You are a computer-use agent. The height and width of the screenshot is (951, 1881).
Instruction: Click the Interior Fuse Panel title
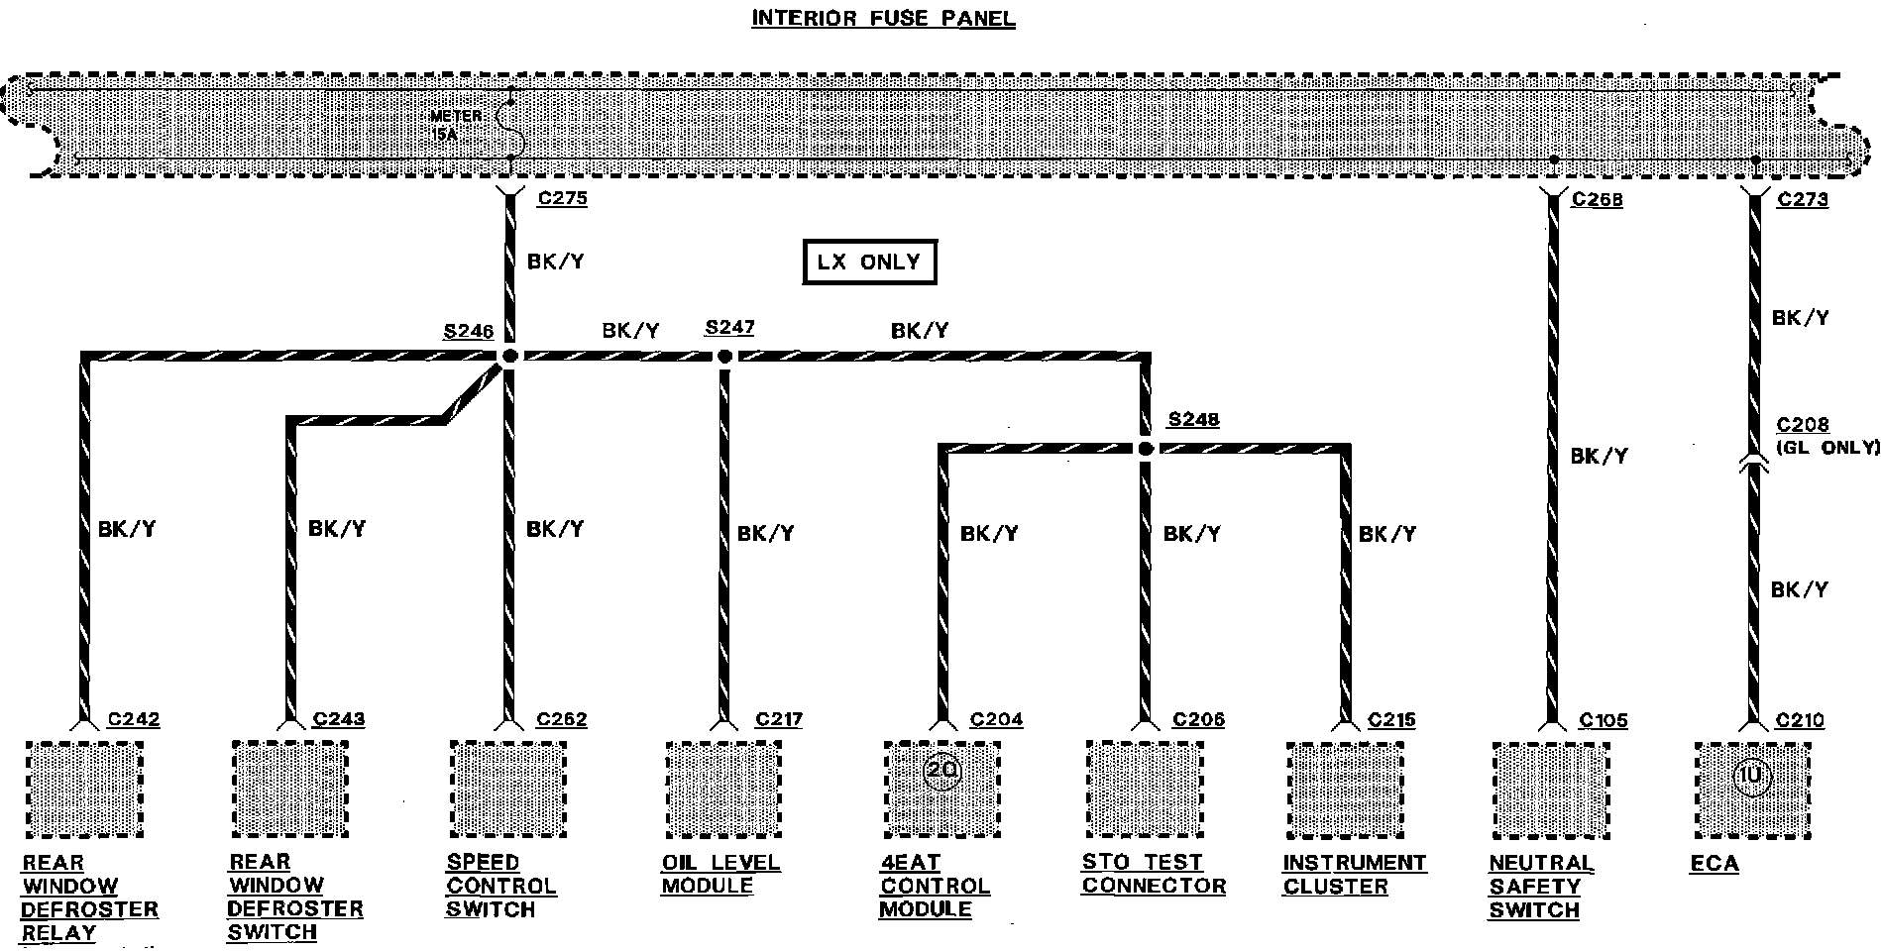click(883, 19)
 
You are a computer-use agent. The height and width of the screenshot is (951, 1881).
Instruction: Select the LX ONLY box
click(868, 263)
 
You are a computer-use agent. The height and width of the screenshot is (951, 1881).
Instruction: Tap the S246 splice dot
click(509, 356)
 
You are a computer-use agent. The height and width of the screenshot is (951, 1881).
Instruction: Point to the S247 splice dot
click(724, 356)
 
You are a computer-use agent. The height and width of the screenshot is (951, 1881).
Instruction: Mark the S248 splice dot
click(1146, 449)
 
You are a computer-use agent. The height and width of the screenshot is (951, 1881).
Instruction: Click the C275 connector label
click(562, 199)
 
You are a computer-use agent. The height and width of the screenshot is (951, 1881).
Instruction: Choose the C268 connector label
click(1597, 200)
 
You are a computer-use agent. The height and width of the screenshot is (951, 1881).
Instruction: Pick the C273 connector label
click(1802, 200)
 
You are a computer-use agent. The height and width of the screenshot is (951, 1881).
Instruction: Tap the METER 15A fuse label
click(457, 123)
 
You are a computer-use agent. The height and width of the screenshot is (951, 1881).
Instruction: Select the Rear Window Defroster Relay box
click(84, 790)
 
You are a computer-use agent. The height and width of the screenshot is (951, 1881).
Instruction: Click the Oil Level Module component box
click(722, 790)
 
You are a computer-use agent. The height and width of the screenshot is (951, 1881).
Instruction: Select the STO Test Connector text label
click(1153, 874)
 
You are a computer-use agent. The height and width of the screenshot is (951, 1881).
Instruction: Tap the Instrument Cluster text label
click(1354, 874)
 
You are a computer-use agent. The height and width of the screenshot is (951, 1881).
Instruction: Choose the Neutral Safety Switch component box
click(1550, 791)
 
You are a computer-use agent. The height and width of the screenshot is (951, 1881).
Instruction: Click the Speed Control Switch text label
click(499, 886)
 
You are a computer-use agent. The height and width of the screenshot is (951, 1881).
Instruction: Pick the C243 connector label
click(338, 720)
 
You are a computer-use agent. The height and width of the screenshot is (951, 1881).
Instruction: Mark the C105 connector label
click(1603, 721)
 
